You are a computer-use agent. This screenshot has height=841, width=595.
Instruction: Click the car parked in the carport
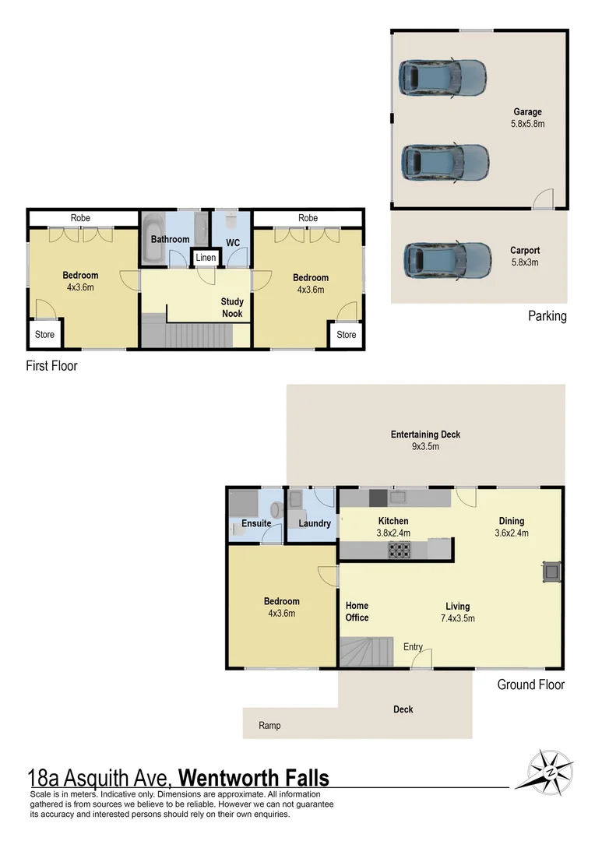(447, 261)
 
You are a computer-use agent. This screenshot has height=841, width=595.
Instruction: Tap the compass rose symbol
(550, 770)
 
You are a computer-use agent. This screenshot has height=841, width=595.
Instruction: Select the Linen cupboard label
(206, 258)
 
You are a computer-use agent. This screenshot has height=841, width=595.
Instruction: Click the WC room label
(232, 242)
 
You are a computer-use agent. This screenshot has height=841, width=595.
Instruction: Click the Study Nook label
(232, 308)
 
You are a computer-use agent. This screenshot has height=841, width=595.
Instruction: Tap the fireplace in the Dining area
(551, 571)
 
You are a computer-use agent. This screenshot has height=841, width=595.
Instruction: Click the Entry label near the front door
(413, 647)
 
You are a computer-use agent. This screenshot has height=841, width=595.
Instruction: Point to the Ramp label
(269, 726)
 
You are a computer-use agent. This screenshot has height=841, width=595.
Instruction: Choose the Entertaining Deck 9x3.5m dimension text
(425, 447)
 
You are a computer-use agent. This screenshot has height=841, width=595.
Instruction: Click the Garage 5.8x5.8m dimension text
(527, 124)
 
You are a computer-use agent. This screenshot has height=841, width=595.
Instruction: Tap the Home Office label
(357, 611)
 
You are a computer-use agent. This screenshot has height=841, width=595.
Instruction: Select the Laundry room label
(315, 523)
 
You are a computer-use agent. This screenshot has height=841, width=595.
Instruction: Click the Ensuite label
(255, 523)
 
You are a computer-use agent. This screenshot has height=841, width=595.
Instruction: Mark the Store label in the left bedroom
(44, 335)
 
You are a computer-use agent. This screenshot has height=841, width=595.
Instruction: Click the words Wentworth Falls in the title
(254, 778)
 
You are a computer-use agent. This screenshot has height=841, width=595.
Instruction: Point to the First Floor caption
(52, 365)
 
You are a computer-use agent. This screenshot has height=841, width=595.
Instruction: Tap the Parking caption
(547, 316)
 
